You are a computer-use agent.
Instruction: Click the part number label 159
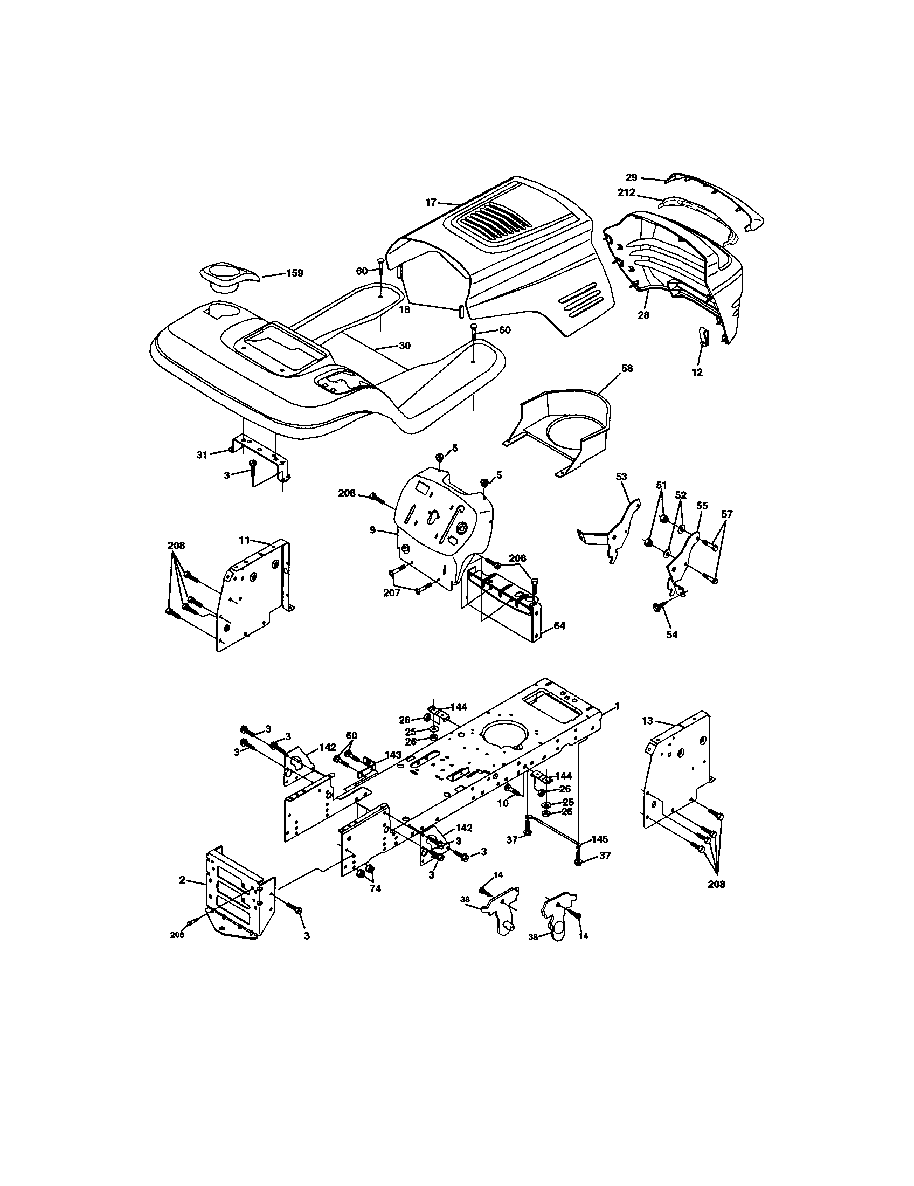coord(294,273)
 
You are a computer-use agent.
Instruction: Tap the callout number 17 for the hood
coord(431,203)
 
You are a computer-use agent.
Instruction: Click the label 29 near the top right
coord(631,177)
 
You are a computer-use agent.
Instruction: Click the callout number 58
coord(627,368)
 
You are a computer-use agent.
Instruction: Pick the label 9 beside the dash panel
coord(373,529)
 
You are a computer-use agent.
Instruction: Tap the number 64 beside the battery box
coord(559,626)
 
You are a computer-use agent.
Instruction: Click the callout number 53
coord(621,477)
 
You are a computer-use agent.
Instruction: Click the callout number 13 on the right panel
coord(647,721)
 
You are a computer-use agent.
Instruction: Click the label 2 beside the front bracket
coord(182,879)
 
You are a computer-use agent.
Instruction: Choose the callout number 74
coord(375,889)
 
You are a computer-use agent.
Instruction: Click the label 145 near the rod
coord(599,839)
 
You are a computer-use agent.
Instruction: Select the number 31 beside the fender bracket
coord(202,454)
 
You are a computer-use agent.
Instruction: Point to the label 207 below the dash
coord(392,593)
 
